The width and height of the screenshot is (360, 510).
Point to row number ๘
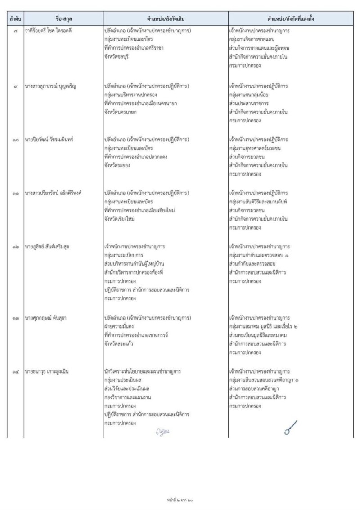[15, 32]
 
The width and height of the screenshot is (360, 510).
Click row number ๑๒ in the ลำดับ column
[15, 247]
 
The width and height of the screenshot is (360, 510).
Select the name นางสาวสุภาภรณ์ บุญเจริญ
[51, 86]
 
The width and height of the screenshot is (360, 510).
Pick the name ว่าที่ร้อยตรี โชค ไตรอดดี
[51, 32]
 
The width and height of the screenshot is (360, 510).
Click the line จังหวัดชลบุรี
[116, 56]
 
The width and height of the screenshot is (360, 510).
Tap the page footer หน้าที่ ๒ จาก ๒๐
[180, 500]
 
